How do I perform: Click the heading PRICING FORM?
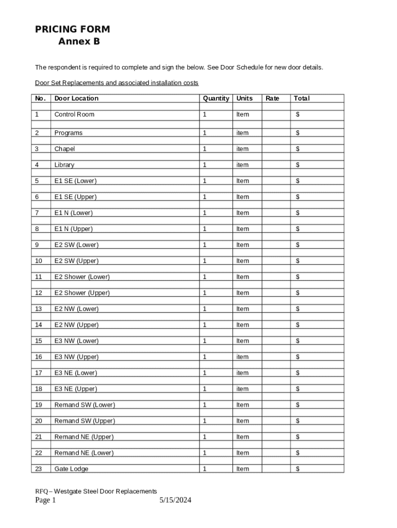tap(72, 29)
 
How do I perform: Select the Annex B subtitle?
tap(79, 42)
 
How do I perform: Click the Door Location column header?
tap(76, 98)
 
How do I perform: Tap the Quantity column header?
tap(216, 98)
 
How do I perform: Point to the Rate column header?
tap(272, 98)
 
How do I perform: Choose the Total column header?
tap(302, 98)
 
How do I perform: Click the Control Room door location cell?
tap(74, 114)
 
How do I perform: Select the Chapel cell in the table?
tap(64, 149)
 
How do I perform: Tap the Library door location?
tap(64, 165)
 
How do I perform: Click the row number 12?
tap(39, 293)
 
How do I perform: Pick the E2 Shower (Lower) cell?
tap(82, 277)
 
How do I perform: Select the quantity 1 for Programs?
tap(205, 133)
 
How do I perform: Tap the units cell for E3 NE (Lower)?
tap(242, 373)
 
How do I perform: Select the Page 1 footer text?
tap(45, 500)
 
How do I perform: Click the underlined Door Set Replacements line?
tap(117, 83)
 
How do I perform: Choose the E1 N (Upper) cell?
tap(73, 229)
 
